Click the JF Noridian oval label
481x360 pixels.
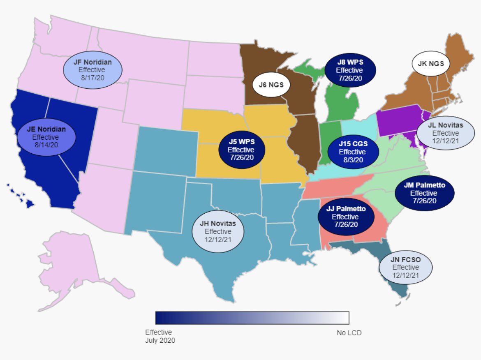92,70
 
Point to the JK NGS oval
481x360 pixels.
431,63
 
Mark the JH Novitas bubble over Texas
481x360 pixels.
218,231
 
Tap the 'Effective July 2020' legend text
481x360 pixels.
160,336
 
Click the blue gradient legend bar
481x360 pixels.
252,318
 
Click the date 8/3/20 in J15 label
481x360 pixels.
353,160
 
